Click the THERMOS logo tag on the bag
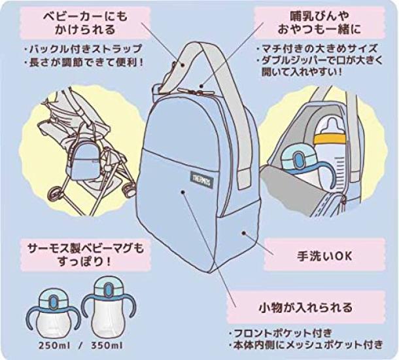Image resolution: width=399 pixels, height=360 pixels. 202,179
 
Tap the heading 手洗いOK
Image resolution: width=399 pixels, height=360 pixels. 324,256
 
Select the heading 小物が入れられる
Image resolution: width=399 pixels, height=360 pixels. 305,307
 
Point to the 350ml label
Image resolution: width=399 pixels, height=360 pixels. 107,346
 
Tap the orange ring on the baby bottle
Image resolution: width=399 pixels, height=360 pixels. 330,139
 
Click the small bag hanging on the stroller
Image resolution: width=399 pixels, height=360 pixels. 82,160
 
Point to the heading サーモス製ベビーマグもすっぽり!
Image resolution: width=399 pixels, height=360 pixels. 86,254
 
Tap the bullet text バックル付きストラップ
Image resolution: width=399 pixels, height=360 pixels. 83,48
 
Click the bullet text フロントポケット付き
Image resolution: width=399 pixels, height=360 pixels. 281,333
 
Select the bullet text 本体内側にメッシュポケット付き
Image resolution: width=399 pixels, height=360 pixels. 305,345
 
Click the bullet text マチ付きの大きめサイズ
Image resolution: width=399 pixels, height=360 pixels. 317,48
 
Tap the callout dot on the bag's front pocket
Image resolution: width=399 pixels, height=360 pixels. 182,192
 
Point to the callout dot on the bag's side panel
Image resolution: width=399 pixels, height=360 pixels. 244,233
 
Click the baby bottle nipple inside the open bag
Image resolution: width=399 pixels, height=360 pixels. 330,124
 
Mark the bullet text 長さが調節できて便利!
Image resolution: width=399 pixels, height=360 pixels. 84,62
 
